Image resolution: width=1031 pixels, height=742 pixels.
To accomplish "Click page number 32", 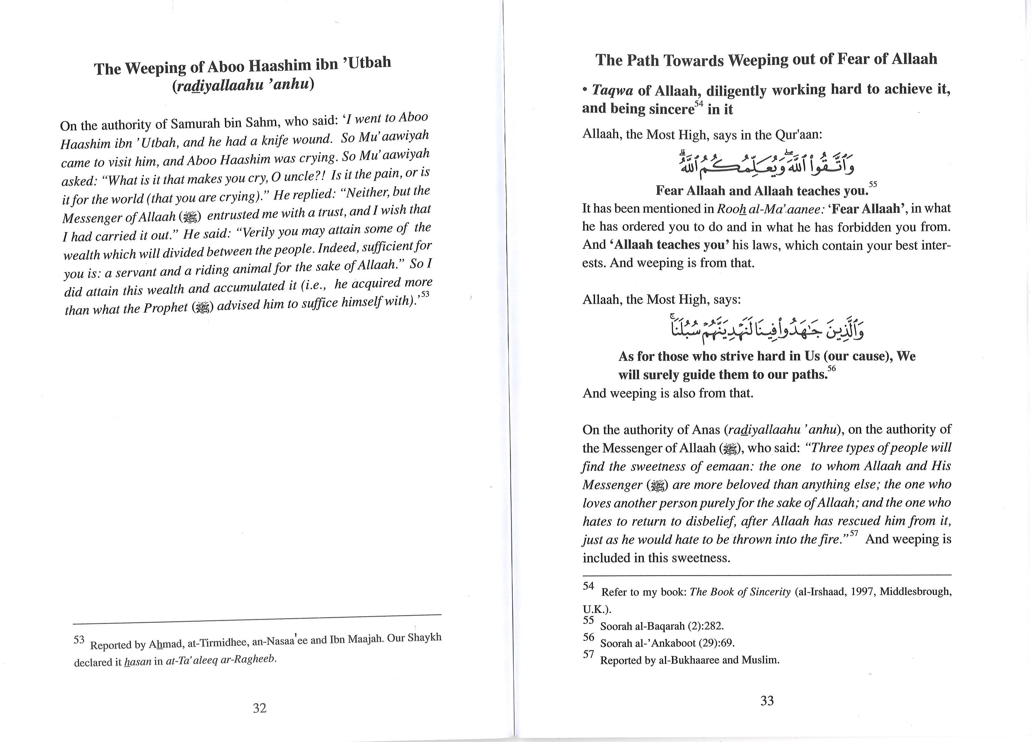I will click(x=259, y=708).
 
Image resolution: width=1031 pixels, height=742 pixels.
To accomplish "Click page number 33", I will click(x=767, y=700).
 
